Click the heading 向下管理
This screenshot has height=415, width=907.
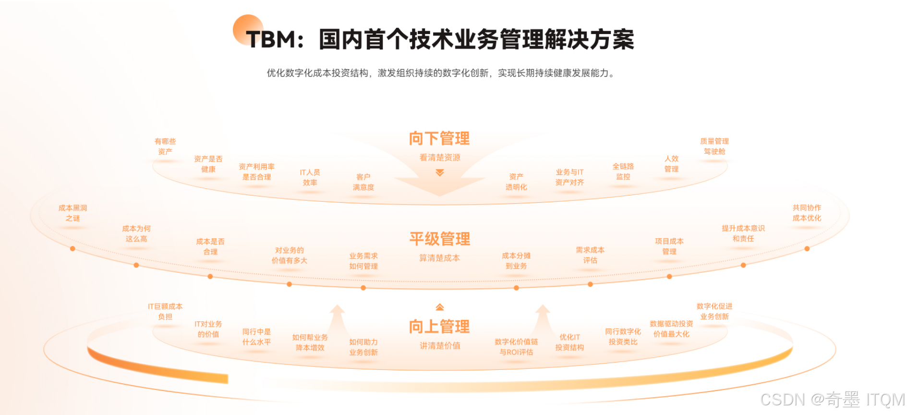click(439, 139)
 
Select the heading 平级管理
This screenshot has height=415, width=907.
click(439, 239)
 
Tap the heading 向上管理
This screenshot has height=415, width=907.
click(439, 327)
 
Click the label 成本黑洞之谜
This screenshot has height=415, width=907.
click(73, 213)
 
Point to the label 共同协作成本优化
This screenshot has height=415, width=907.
click(807, 213)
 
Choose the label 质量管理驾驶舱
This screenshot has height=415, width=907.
click(714, 146)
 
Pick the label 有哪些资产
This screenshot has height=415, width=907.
click(165, 146)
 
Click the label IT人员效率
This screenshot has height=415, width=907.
click(310, 177)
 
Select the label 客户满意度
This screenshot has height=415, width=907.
click(363, 182)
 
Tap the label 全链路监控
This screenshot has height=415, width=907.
click(623, 171)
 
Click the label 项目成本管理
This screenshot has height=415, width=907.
click(669, 246)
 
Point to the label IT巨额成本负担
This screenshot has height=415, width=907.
click(165, 311)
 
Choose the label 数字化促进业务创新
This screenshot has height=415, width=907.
click(714, 311)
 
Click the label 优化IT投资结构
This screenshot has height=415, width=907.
click(569, 342)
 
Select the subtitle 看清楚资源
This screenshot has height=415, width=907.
click(440, 158)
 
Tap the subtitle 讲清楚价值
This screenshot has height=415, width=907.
click(440, 346)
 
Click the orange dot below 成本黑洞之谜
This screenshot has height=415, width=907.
click(73, 249)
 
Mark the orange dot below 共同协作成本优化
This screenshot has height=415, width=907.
click(807, 249)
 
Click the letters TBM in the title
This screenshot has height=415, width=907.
click(271, 39)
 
